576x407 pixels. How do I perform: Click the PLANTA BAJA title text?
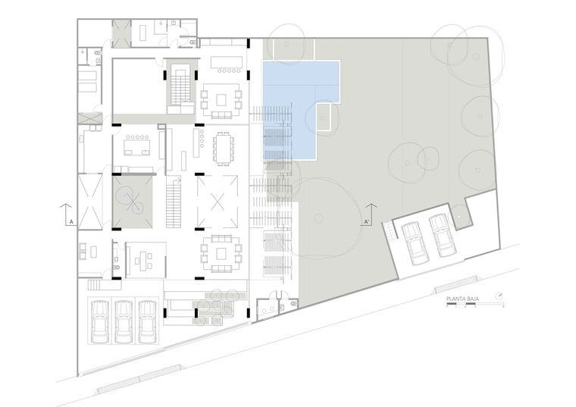[x=462, y=299]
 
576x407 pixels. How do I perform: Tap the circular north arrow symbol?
[x=499, y=296]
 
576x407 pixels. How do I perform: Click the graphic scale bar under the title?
[x=475, y=304]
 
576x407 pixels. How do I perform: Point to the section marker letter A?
[x=71, y=222]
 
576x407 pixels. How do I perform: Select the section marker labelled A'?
[x=366, y=222]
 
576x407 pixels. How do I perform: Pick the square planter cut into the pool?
[x=323, y=117]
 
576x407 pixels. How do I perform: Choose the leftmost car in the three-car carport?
[x=100, y=322]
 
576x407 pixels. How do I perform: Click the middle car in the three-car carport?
[x=124, y=322]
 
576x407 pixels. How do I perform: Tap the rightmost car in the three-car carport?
[x=147, y=322]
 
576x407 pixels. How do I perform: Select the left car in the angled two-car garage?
[x=415, y=243]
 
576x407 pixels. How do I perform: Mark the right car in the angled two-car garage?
[x=443, y=236]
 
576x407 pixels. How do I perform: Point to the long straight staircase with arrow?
[x=174, y=202]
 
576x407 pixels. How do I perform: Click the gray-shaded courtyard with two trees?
[x=133, y=202]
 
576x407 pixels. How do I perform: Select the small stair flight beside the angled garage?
[x=390, y=231]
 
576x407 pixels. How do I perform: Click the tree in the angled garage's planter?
[x=459, y=216]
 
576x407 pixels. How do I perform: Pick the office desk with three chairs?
[x=143, y=259]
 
